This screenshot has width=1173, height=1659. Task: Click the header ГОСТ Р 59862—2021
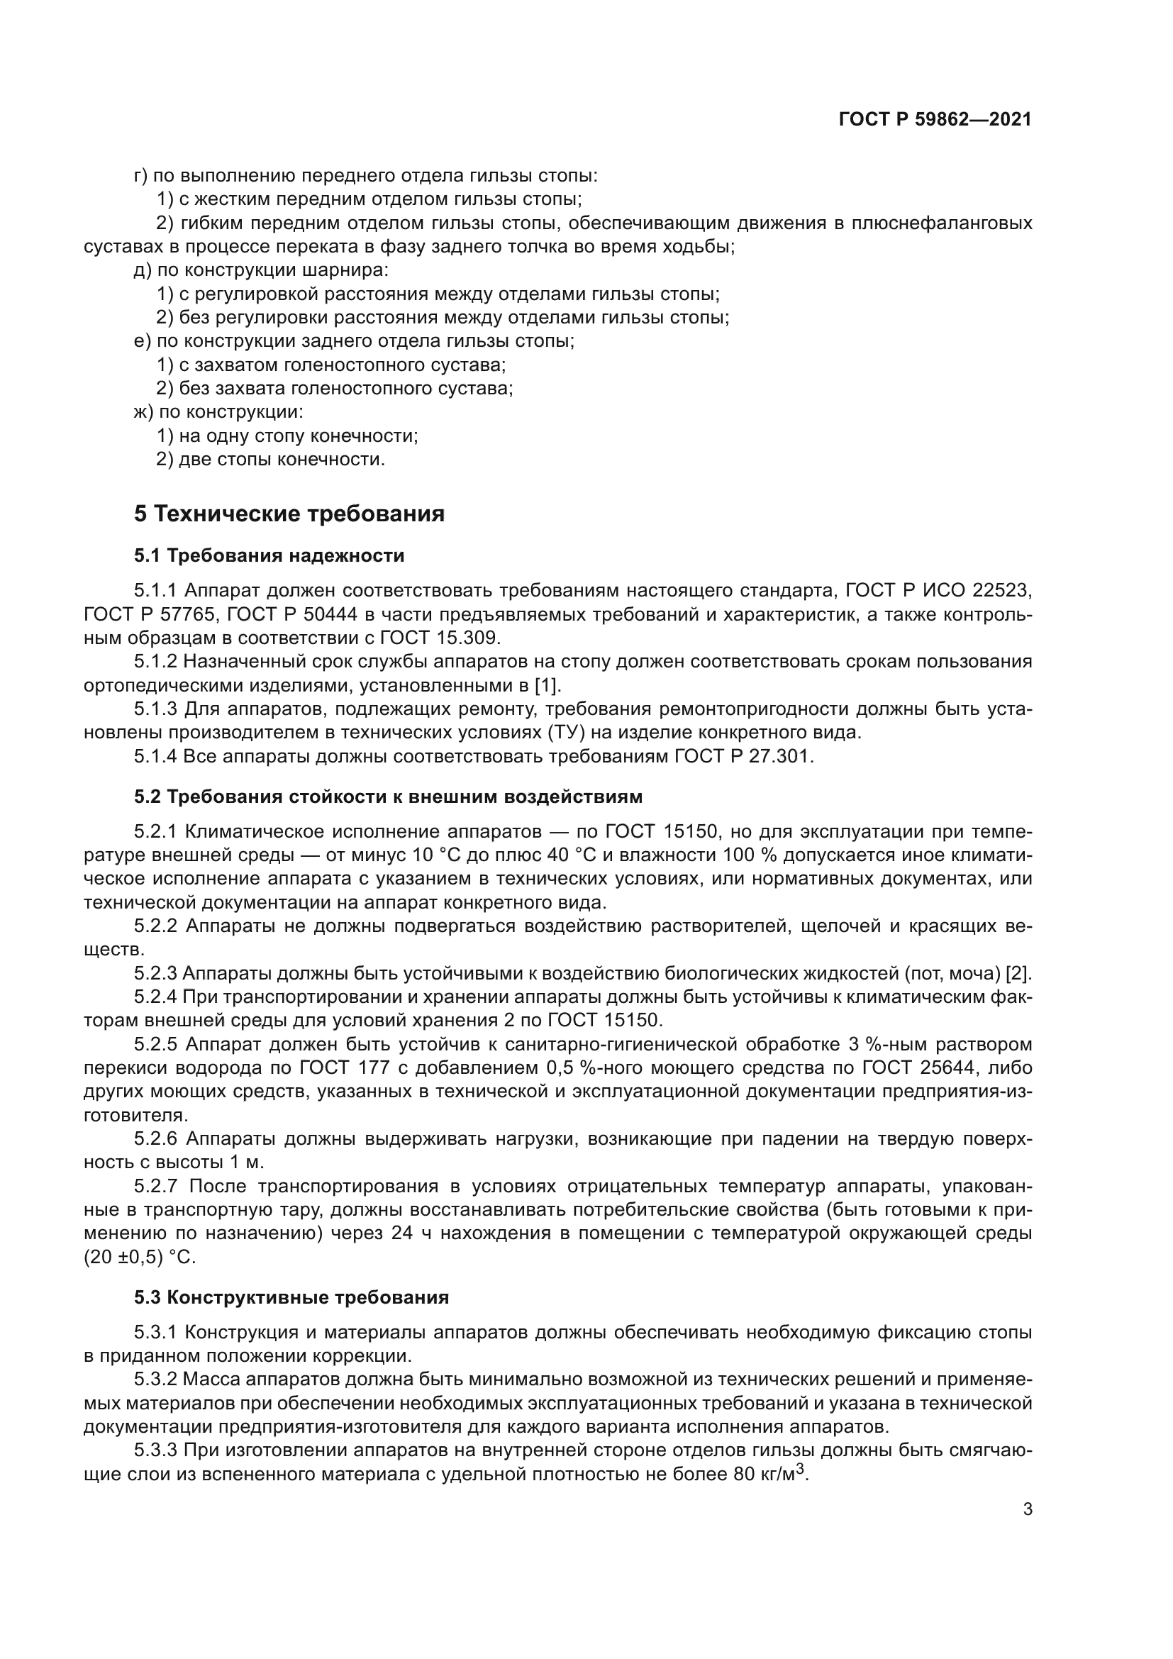click(x=935, y=120)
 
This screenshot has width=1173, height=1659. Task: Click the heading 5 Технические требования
click(x=289, y=514)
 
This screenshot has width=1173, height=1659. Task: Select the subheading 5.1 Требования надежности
click(x=269, y=555)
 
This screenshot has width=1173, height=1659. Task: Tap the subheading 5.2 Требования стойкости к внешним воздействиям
click(x=388, y=797)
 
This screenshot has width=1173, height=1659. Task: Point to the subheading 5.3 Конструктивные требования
click(x=291, y=1297)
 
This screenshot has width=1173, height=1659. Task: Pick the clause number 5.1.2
click(x=155, y=662)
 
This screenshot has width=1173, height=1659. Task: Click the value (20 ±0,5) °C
click(x=140, y=1258)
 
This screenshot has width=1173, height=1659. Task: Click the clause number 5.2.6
click(x=155, y=1140)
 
